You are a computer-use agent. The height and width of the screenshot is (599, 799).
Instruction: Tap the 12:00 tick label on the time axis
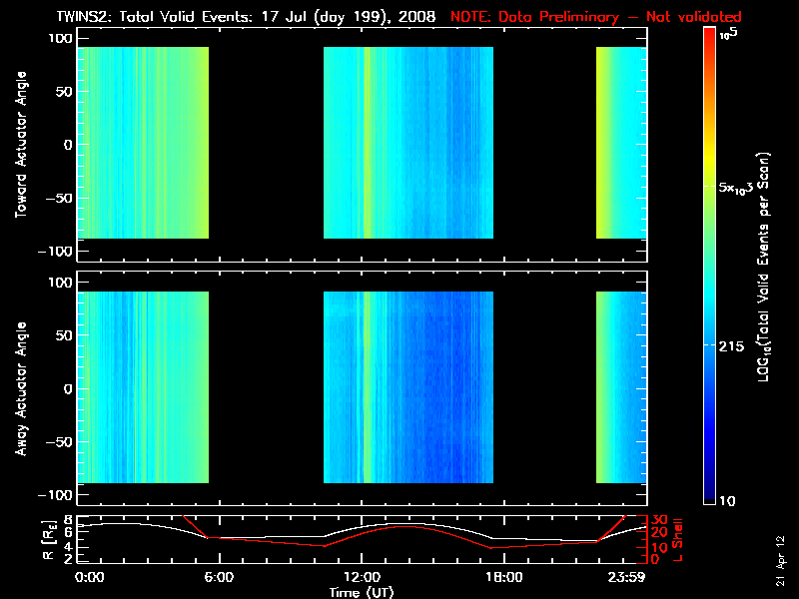362,577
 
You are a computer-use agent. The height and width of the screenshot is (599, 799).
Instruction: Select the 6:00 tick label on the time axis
220,577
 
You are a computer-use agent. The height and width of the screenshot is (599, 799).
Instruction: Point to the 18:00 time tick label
503,577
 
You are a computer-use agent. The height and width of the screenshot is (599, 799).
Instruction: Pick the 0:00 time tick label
90,577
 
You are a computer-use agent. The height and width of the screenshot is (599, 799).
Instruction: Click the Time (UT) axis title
362,592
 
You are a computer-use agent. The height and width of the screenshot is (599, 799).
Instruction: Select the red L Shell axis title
679,540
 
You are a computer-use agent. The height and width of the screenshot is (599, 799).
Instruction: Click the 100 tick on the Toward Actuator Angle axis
62,37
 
